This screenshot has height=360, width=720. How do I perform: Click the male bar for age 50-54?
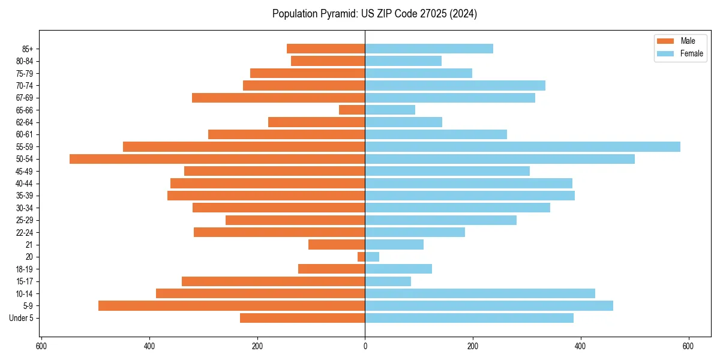(x=217, y=159)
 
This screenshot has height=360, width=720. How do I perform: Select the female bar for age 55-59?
(x=523, y=146)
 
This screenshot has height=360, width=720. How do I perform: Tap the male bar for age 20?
(x=361, y=257)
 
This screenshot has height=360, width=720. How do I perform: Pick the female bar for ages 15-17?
(x=388, y=281)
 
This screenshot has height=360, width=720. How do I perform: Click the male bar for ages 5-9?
(x=232, y=305)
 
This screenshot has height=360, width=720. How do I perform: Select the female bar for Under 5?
(x=469, y=318)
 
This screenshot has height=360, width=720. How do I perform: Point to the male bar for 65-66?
(x=352, y=110)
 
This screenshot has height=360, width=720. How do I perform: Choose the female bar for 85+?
(x=429, y=49)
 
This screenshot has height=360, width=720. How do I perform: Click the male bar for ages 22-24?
(x=280, y=232)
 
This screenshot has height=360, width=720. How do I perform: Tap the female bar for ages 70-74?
(x=455, y=85)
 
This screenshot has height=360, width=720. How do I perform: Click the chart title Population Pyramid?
(x=374, y=14)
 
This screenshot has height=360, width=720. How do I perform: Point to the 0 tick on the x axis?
(x=365, y=346)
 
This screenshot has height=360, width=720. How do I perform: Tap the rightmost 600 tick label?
(x=688, y=346)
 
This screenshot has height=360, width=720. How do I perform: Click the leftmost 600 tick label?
(x=41, y=346)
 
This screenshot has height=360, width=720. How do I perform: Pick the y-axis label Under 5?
(x=21, y=318)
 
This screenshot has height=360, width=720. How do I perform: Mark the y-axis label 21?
(x=29, y=245)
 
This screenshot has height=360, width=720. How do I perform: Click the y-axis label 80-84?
(x=24, y=61)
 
